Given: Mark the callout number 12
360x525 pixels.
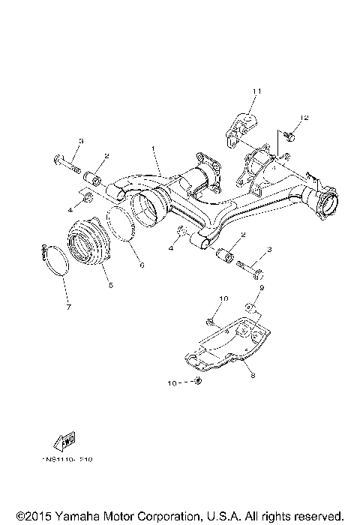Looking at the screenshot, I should pos(304,118).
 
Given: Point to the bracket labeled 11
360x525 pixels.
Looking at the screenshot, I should pos(241,126).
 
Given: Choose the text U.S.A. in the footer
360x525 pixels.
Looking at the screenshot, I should pos(223,516).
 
